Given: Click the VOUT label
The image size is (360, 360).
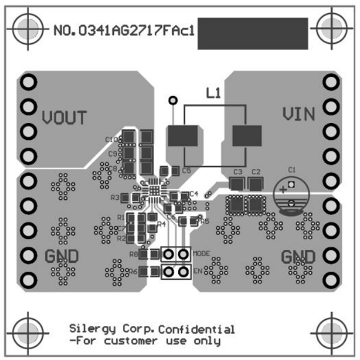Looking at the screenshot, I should [x=65, y=117].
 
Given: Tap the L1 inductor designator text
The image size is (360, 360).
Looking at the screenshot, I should [x=213, y=94].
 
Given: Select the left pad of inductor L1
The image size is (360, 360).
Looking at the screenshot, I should [x=184, y=136].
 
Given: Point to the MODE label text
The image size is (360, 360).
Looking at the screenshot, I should [x=201, y=254].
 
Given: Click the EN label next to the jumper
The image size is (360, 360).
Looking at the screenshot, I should [x=197, y=272].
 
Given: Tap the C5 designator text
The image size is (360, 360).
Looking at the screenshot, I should [x=186, y=171].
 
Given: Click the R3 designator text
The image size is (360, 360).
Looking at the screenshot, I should [x=115, y=197].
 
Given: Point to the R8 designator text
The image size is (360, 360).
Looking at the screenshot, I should [x=134, y=254].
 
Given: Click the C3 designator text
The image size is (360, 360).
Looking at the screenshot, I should [x=238, y=172].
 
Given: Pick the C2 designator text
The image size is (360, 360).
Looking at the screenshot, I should [x=256, y=172].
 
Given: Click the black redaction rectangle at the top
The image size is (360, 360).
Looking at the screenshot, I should [x=252, y=34].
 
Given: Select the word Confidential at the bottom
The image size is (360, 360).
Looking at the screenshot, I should [x=197, y=329].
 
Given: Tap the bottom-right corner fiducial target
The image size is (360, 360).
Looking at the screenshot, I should [x=332, y=331].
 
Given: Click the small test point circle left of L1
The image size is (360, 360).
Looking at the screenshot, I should [x=174, y=100].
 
